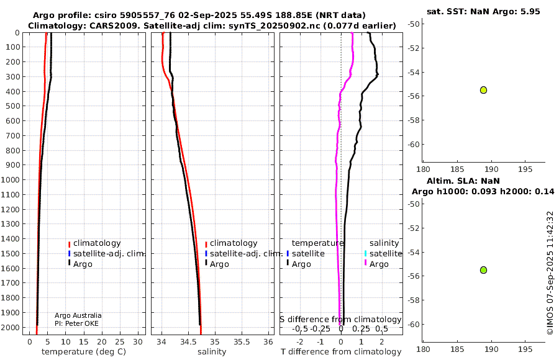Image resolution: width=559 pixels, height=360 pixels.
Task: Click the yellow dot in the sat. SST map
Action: coord(483,90)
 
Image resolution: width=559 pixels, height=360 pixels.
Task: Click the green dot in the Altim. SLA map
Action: coord(483,270)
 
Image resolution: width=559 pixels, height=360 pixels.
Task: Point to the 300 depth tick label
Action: coord(14,76)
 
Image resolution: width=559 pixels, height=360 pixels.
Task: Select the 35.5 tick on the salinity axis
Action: coord(242,342)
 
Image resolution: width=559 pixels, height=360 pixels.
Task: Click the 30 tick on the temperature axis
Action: coord(138,342)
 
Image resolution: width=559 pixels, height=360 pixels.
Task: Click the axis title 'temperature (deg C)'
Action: coord(84,352)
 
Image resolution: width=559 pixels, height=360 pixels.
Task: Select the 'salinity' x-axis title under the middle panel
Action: coord(212,352)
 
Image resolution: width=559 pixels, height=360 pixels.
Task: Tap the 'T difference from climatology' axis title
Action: coord(341,352)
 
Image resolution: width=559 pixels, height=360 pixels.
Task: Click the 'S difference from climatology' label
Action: coord(341,320)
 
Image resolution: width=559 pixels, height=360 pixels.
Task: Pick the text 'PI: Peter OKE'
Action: coord(76,323)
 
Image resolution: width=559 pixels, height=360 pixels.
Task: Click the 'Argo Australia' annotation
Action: coord(78,315)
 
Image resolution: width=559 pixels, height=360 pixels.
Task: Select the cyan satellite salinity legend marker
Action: coord(365,253)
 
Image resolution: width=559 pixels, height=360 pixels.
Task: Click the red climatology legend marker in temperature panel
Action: coord(69,244)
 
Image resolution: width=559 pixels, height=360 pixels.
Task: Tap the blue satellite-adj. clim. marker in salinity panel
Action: coord(206,253)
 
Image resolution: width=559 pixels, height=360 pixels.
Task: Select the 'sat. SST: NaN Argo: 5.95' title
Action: coord(483,11)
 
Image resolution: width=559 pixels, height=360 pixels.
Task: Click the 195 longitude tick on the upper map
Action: coord(525,169)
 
